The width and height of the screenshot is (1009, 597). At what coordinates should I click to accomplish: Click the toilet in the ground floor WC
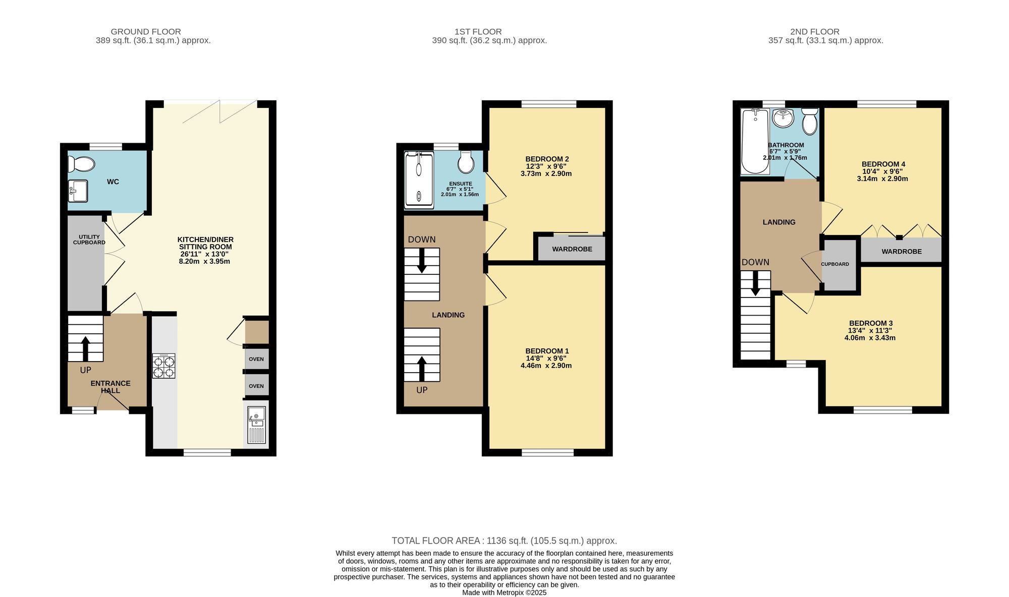(x=81, y=164)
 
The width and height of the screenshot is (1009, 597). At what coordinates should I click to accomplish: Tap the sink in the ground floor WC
(x=78, y=190)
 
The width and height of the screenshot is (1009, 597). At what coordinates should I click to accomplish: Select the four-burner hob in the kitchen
(x=164, y=366)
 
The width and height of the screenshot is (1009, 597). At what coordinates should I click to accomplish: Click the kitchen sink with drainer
(x=256, y=425)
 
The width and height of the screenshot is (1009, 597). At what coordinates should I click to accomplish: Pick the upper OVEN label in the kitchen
(x=256, y=359)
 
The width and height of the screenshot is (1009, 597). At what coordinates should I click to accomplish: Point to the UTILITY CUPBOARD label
(x=89, y=240)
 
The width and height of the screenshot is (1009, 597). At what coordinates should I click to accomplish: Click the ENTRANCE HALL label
(x=110, y=387)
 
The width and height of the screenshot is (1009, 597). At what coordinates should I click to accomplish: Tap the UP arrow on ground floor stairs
(x=85, y=348)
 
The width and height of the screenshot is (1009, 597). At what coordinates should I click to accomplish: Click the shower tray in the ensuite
(x=419, y=180)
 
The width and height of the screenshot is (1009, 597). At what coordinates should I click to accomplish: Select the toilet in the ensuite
(x=466, y=161)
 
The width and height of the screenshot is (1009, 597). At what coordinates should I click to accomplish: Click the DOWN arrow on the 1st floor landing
(x=422, y=261)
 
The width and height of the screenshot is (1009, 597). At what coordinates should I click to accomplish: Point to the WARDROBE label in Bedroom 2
(x=572, y=249)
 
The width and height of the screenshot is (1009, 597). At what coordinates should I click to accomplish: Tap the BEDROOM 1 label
(x=547, y=351)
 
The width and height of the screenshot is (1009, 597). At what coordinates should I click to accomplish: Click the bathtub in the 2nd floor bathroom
(x=755, y=141)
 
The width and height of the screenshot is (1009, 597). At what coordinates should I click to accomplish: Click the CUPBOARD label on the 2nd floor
(x=835, y=264)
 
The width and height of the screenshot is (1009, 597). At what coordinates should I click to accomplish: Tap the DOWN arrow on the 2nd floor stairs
(x=756, y=283)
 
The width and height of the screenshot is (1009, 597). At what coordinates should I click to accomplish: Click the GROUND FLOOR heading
(x=146, y=32)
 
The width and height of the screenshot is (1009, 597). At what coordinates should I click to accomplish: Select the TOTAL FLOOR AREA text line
(x=504, y=541)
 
